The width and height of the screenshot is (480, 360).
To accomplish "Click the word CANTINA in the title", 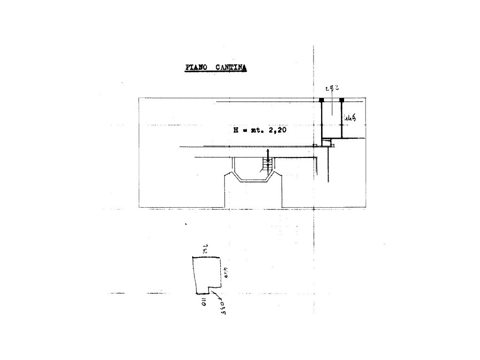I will tap(231, 68).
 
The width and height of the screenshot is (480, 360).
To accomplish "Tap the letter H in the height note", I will tap(235, 131).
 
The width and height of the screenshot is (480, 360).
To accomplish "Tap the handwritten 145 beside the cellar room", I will tap(350, 119).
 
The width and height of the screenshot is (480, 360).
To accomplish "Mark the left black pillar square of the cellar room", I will tap(322, 100).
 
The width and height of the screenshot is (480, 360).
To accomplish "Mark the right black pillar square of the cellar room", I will tap(342, 100).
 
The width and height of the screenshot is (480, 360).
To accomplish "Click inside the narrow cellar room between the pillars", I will tap(331, 120).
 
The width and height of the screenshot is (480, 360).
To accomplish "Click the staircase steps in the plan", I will tap(268, 164).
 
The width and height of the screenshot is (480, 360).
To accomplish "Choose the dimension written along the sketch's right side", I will tap(225, 273).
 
